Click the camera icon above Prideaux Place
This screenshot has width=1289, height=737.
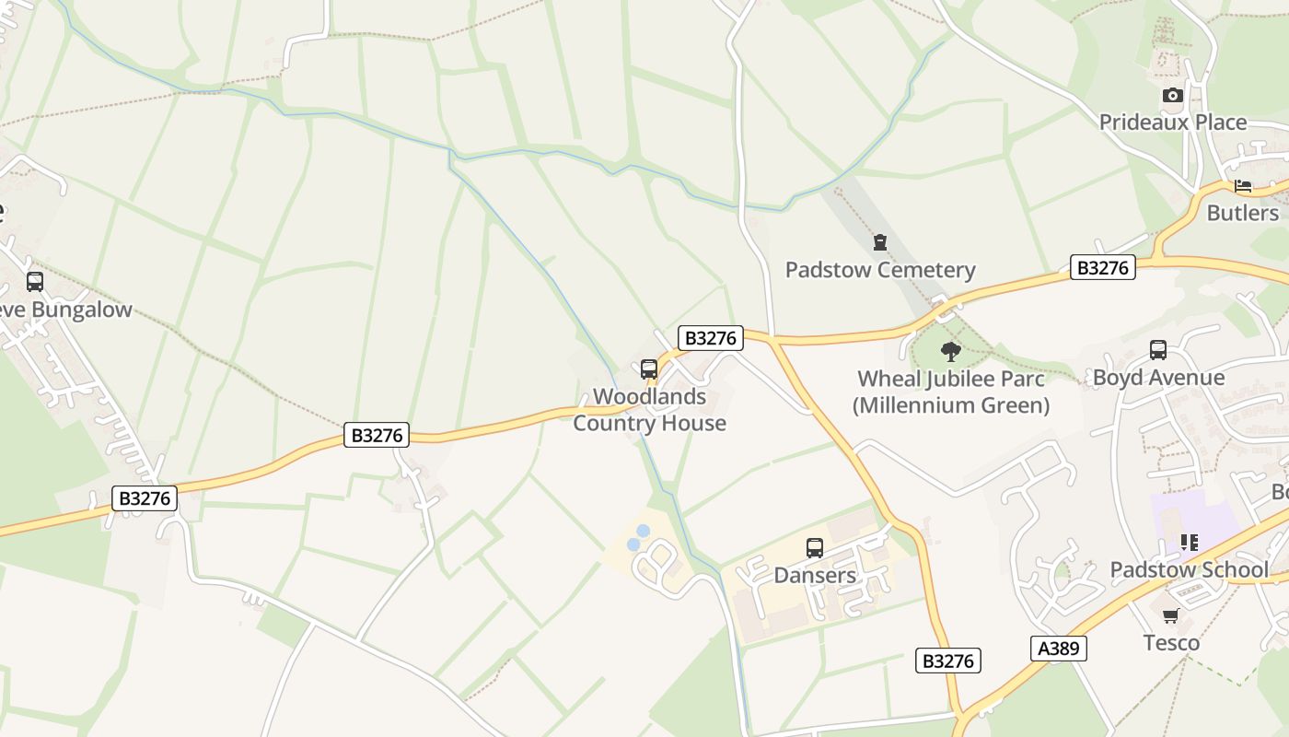click(1172, 95)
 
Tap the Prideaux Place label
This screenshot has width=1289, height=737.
click(1172, 123)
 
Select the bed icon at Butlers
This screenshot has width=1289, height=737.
click(1243, 186)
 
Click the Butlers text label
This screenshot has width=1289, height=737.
click(1242, 213)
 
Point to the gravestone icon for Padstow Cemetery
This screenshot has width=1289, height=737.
click(879, 242)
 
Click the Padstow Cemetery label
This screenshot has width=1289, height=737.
click(879, 270)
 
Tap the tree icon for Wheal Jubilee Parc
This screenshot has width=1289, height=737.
click(950, 351)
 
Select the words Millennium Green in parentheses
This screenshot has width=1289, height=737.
click(950, 405)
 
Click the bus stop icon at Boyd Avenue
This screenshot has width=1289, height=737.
click(1157, 350)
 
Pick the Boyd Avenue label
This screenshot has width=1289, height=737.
click(1157, 378)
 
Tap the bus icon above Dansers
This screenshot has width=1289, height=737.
click(815, 548)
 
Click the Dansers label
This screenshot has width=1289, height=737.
click(815, 575)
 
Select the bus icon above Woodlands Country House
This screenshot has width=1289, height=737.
click(649, 369)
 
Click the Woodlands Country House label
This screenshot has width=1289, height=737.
click(649, 410)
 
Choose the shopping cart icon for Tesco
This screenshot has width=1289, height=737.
click(1170, 615)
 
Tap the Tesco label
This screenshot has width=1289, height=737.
click(1171, 642)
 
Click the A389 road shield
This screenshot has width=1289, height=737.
click(1058, 649)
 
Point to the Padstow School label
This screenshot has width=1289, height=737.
click(1189, 570)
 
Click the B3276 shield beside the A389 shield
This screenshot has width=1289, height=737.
click(948, 661)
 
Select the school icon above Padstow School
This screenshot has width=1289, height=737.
click(1189, 543)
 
